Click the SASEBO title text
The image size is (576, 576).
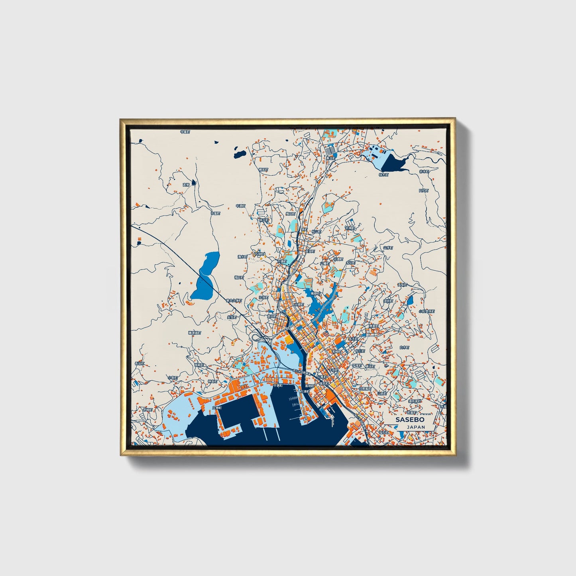click(410, 420)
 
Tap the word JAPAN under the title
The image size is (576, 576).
click(416, 427)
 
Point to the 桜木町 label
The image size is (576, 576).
click(383, 174)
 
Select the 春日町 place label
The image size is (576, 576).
click(330, 158)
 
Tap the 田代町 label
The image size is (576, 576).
click(423, 191)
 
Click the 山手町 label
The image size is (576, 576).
click(388, 248)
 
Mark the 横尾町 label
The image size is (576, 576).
click(263, 169)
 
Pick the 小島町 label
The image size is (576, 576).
click(172, 377)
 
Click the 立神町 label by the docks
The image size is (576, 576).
click(216, 408)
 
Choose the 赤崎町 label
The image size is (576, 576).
click(147, 409)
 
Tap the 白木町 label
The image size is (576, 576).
click(404, 348)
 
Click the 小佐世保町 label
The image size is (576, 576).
click(426, 311)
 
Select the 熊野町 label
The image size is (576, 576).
click(316, 293)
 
